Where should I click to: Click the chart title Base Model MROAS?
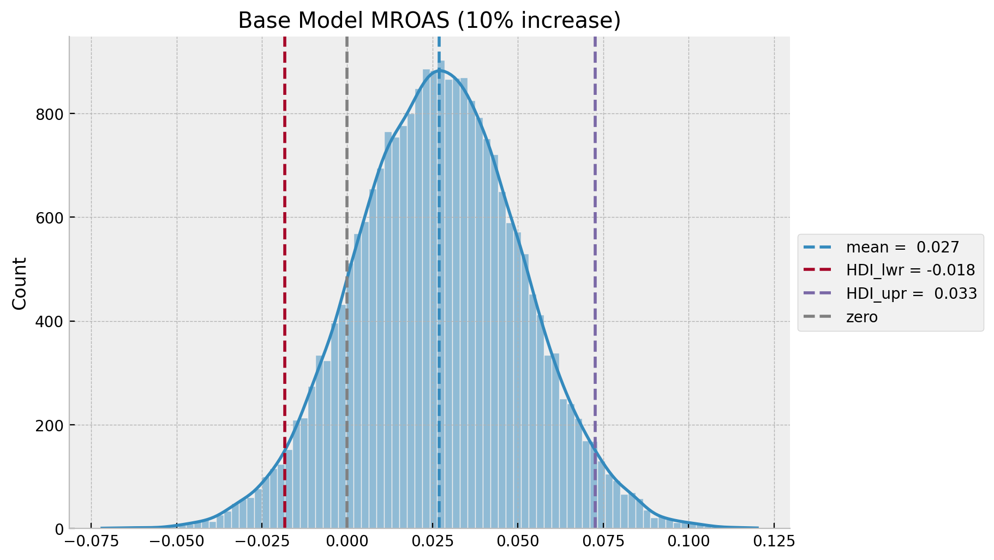coord(429,21)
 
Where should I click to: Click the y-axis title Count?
coord(20,284)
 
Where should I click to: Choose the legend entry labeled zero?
coord(861,317)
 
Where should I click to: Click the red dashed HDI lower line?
coord(285,218)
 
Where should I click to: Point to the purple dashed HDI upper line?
coord(595,218)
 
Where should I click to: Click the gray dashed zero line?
coord(347,164)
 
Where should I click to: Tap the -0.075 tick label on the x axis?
coord(90,543)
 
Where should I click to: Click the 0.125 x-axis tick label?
coord(774,543)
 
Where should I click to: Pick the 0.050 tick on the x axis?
coord(518,543)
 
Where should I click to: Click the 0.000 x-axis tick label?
coord(347,543)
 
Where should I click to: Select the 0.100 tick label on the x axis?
coord(688,543)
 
